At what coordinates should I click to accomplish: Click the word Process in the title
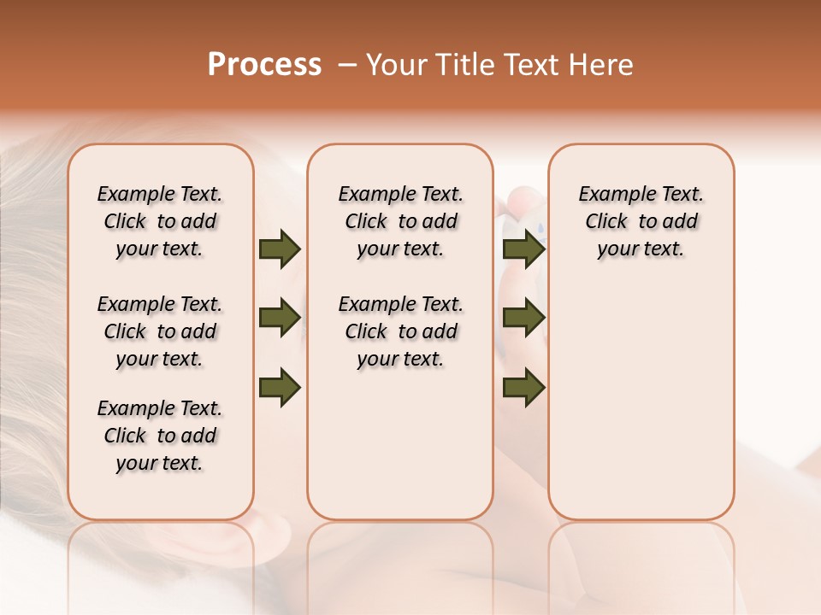264,64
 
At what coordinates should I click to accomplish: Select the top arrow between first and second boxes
280,249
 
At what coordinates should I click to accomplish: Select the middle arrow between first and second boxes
280,318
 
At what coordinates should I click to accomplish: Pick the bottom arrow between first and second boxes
280,386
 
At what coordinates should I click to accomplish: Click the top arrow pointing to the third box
523,249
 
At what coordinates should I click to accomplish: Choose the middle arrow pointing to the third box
523,318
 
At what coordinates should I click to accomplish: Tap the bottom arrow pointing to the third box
523,386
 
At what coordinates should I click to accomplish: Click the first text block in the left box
160,221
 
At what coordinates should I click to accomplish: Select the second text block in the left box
160,331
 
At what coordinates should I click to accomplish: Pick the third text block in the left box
160,436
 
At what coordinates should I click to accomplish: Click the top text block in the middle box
400,221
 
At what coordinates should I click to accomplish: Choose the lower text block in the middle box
400,331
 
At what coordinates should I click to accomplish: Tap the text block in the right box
641,221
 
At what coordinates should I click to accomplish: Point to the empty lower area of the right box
641,410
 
